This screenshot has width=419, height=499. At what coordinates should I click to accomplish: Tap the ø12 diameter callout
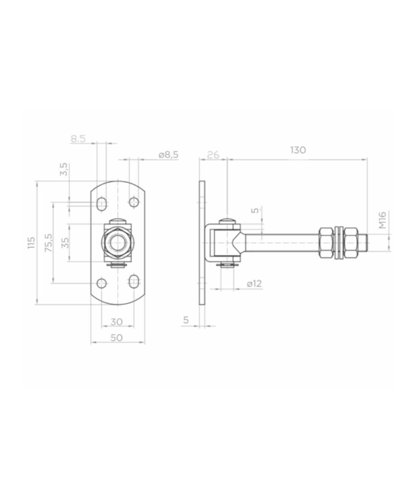254,283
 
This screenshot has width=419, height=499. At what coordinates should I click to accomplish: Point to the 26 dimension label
213,154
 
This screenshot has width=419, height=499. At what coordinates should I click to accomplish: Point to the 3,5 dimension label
64,170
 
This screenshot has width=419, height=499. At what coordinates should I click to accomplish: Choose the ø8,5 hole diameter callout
168,154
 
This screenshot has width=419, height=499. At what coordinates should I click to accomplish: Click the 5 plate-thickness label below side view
187,320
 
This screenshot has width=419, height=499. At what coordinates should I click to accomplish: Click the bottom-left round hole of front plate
101,283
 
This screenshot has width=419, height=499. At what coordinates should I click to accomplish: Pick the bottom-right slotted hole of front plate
133,283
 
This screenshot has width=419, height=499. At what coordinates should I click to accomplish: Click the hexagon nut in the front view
117,243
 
